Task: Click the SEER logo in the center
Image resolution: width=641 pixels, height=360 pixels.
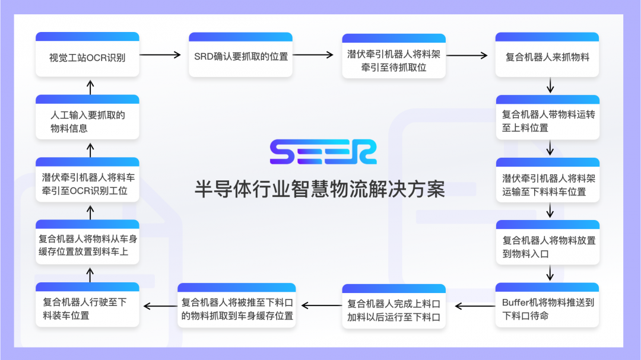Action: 323,152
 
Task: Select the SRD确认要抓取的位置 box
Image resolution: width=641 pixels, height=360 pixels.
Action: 240,55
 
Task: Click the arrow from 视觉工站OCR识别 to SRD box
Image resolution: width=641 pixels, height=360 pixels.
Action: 160,55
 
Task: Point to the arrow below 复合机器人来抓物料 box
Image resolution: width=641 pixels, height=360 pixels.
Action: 550,86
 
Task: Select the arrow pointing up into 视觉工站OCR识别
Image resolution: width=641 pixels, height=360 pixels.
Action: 90,87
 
